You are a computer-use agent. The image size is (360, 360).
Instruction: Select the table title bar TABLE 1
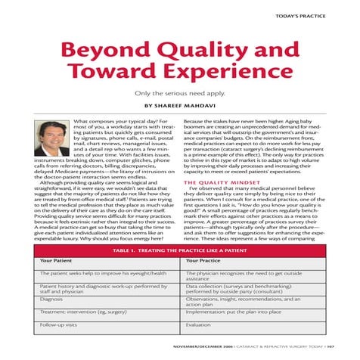coord(179,249)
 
